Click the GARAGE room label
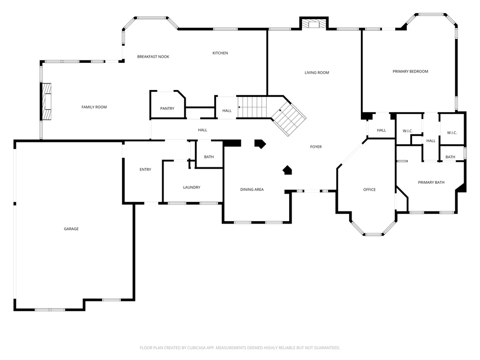click(x=71, y=229)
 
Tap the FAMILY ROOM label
click(x=94, y=107)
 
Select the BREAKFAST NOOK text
click(x=153, y=57)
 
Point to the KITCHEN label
click(x=220, y=53)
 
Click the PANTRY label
click(x=167, y=109)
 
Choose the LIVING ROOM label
click(x=317, y=73)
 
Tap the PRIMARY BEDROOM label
click(x=410, y=71)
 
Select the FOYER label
click(x=316, y=147)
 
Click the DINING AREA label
click(x=252, y=189)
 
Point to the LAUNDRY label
click(x=192, y=187)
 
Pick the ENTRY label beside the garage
click(x=145, y=169)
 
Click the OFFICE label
click(x=369, y=189)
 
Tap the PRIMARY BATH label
click(x=431, y=182)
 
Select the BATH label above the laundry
click(x=209, y=157)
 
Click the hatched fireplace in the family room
click(x=47, y=102)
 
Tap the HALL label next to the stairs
click(x=227, y=111)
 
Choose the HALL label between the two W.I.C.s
click(x=431, y=141)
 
